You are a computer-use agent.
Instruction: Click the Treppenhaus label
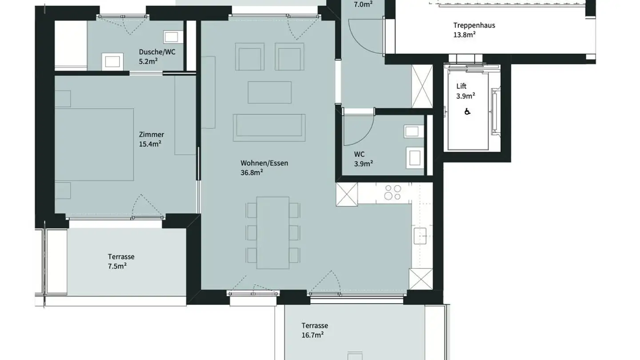point(474,25)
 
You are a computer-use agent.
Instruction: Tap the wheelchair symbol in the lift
point(467,112)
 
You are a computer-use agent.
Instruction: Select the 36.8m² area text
point(252,172)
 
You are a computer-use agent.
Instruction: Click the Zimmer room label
point(152,135)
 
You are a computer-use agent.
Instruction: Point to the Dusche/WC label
point(157,52)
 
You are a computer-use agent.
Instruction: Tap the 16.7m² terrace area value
point(312,335)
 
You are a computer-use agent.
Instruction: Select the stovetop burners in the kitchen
point(392,192)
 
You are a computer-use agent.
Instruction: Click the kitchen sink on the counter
point(420,236)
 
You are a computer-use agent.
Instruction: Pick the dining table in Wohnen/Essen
point(273,233)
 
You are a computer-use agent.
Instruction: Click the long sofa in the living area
point(269,127)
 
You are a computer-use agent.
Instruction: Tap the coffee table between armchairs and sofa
point(269,92)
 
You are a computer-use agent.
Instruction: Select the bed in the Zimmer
point(94,144)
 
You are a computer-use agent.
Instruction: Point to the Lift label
point(461,87)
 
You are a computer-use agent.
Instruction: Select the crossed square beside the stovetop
point(347,195)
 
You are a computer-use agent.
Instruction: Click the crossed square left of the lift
point(422,86)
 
